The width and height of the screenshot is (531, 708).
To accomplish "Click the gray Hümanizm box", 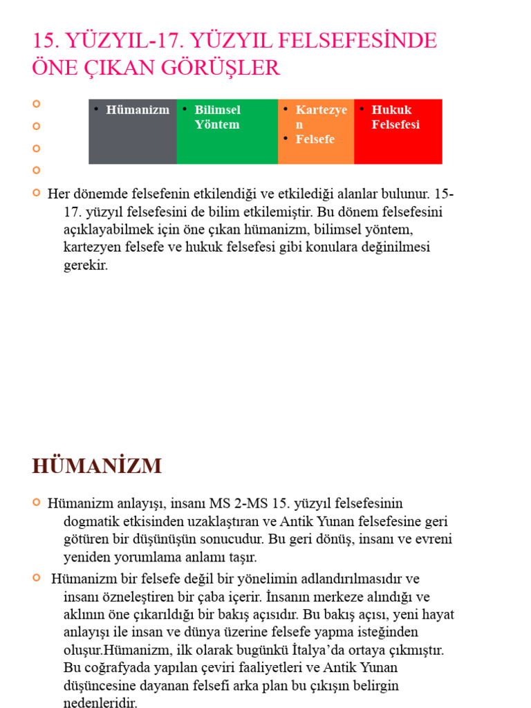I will pyautogui.click(x=133, y=131).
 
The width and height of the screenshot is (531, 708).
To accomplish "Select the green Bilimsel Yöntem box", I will pyautogui.click(x=227, y=131).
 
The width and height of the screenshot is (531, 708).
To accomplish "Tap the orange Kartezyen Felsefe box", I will pyautogui.click(x=316, y=131).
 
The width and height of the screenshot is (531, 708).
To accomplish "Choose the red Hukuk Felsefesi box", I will pyautogui.click(x=398, y=131).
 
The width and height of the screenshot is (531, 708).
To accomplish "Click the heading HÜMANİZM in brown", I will pyautogui.click(x=97, y=466).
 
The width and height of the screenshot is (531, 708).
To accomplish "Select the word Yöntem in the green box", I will pyautogui.click(x=217, y=125).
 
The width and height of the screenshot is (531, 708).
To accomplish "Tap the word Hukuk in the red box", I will pyautogui.click(x=391, y=110).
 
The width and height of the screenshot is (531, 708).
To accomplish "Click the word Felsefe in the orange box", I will pyautogui.click(x=315, y=139).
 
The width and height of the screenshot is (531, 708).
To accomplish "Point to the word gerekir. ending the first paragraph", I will pyautogui.click(x=86, y=265).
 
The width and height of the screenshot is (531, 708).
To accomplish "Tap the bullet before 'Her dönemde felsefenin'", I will pyautogui.click(x=37, y=192).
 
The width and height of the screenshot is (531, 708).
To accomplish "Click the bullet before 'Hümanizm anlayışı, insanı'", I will pyautogui.click(x=37, y=502).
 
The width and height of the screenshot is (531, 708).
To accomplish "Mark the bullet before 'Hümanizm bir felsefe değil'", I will pyautogui.click(x=37, y=577).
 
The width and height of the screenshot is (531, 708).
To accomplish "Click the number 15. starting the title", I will pyautogui.click(x=46, y=41).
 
